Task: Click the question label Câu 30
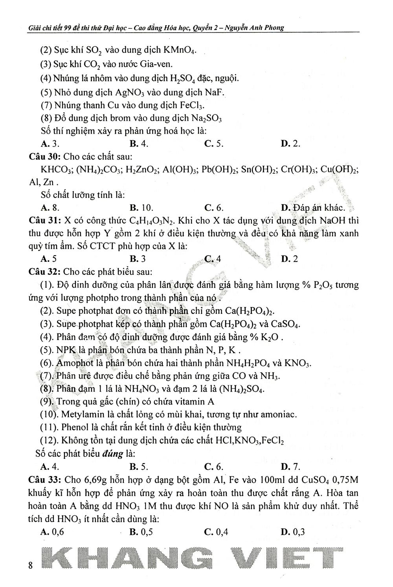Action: (44, 157)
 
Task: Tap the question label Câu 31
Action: (44, 221)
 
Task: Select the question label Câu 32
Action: (44, 272)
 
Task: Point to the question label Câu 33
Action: (44, 480)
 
